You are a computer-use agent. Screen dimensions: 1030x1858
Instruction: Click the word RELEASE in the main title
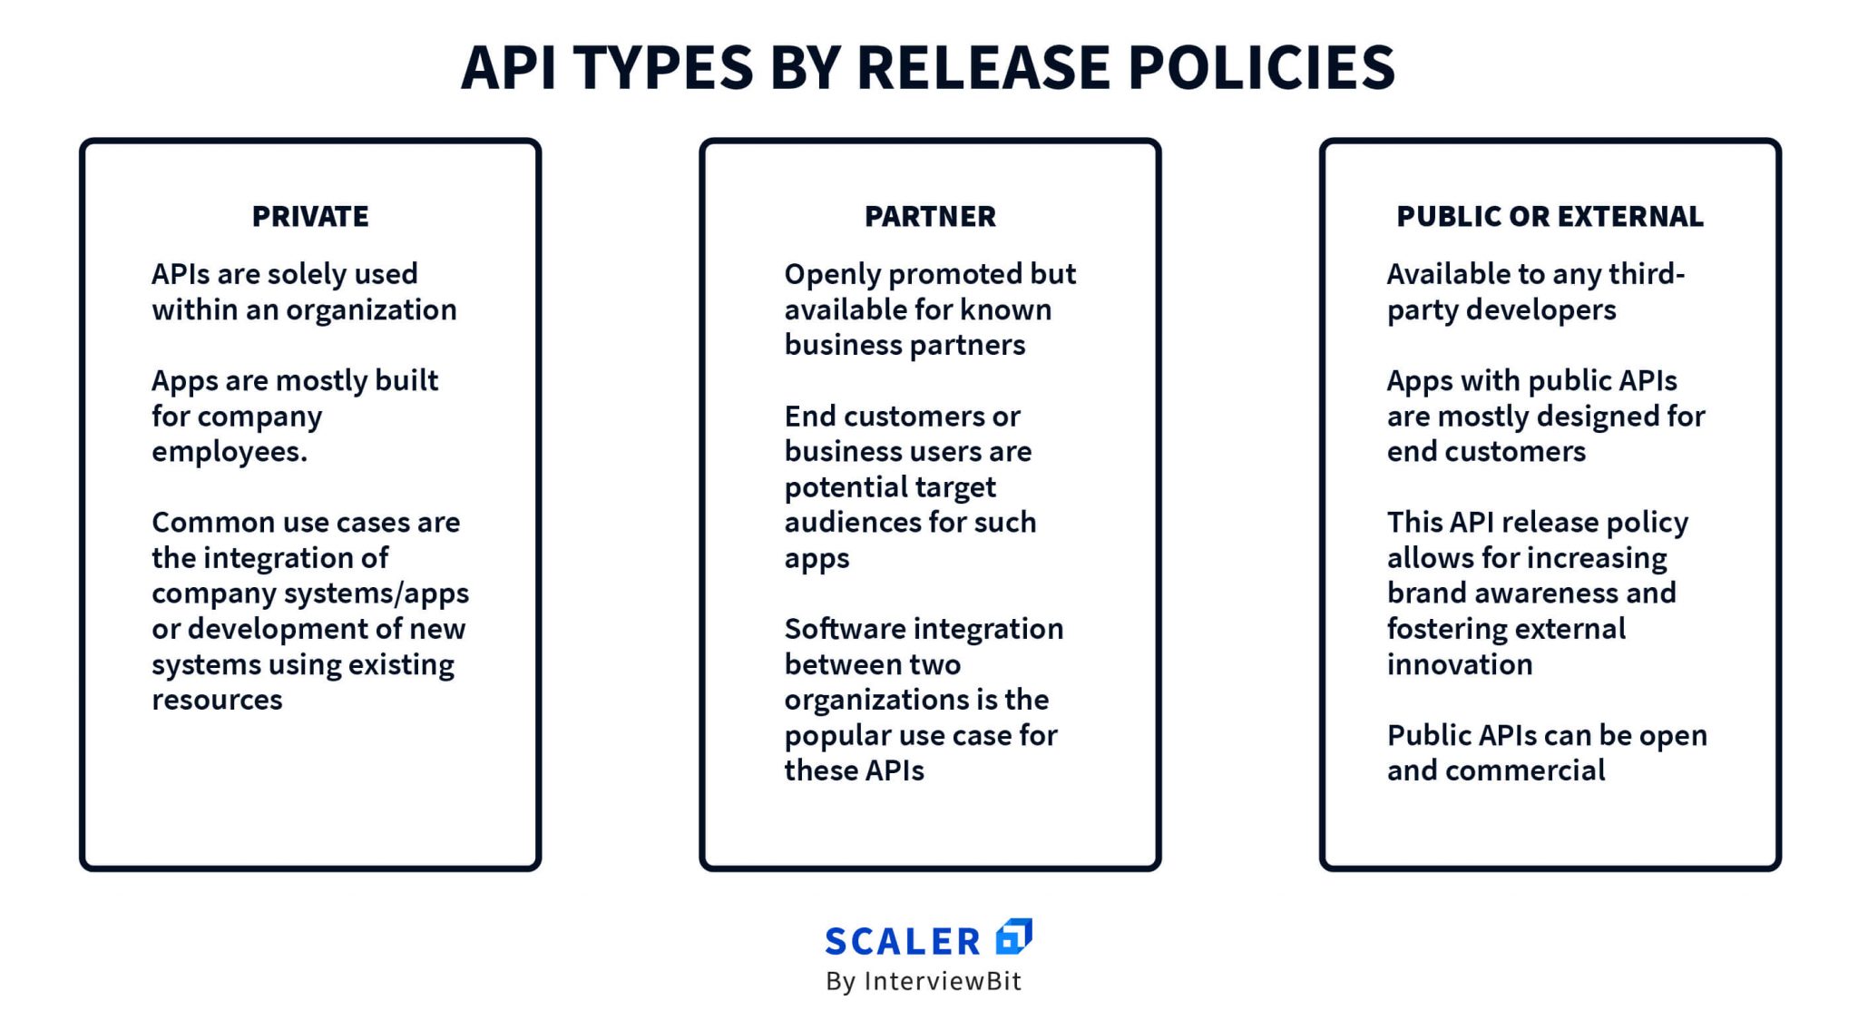tap(983, 67)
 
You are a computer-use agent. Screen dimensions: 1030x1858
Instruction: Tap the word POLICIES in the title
tap(1261, 67)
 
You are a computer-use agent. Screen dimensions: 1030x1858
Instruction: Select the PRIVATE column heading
tap(310, 217)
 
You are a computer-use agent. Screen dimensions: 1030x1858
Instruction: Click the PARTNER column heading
tap(930, 217)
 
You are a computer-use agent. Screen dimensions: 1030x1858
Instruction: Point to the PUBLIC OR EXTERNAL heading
tap(1550, 217)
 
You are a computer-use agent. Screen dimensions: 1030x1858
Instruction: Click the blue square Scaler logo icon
tap(1013, 937)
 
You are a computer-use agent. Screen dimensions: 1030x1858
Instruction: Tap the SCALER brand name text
tap(903, 942)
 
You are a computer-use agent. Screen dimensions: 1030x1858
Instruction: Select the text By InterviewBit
tap(924, 981)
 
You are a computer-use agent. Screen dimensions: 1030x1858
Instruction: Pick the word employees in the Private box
tap(228, 452)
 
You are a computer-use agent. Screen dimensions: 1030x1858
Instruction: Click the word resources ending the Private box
tap(217, 700)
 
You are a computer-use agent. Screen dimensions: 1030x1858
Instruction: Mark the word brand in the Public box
tap(1422, 593)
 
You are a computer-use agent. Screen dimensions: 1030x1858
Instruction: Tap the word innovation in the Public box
tap(1459, 665)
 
